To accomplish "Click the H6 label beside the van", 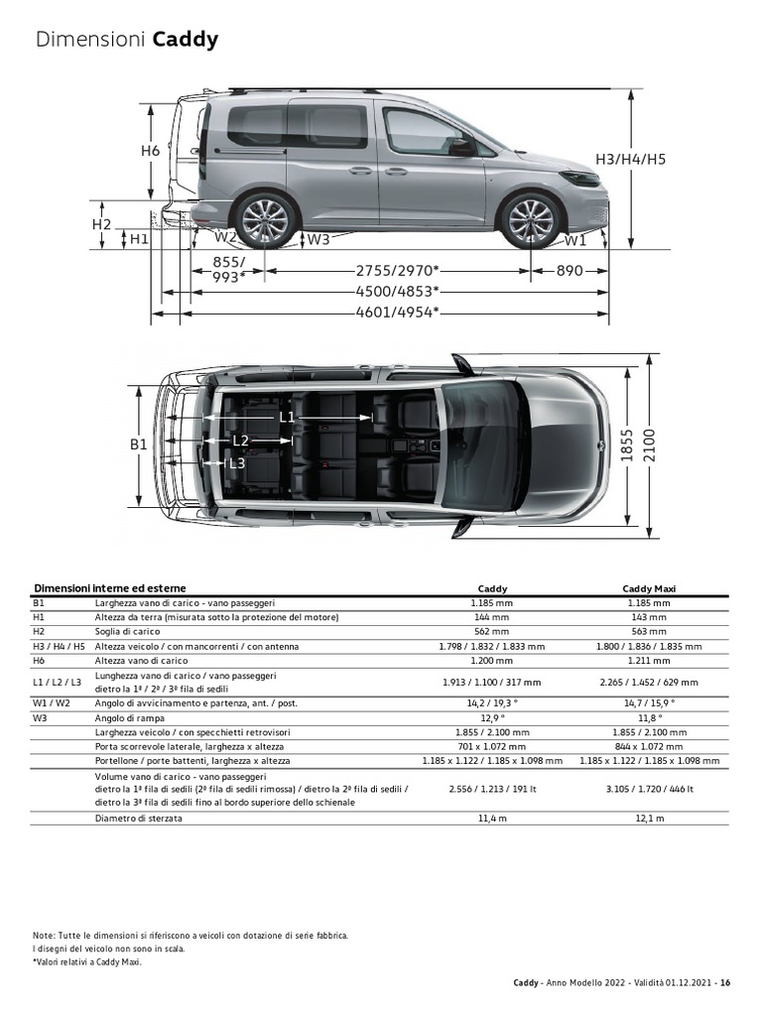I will (150, 151).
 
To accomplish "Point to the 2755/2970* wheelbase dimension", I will (397, 270).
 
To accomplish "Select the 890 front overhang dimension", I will (570, 270).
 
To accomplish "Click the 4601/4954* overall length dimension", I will (397, 312).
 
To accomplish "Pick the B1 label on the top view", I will (138, 444).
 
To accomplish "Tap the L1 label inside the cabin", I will (287, 417).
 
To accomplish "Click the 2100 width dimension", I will (651, 444).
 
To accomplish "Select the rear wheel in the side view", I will (265, 218).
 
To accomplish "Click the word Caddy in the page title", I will (185, 41).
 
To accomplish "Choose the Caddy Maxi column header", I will (649, 588).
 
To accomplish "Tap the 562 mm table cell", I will (492, 631).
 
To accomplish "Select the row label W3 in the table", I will (40, 717).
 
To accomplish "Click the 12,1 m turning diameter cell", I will (649, 819).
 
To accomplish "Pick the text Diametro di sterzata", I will (139, 819).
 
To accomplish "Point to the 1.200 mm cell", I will (492, 660).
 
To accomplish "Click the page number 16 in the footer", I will (726, 983).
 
